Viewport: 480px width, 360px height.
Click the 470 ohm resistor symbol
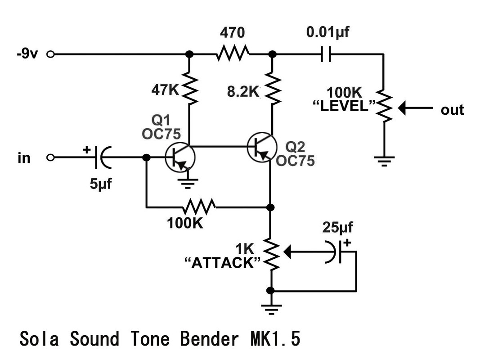tap(233, 54)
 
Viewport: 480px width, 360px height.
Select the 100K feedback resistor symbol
tap(199, 207)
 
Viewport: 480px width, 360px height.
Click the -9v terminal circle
tap(51, 54)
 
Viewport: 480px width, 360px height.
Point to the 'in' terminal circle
tap(51, 157)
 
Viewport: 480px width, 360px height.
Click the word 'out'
tap(452, 109)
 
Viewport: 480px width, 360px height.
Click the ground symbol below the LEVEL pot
tap(384, 161)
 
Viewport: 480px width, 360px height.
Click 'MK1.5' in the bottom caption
tap(274, 339)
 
